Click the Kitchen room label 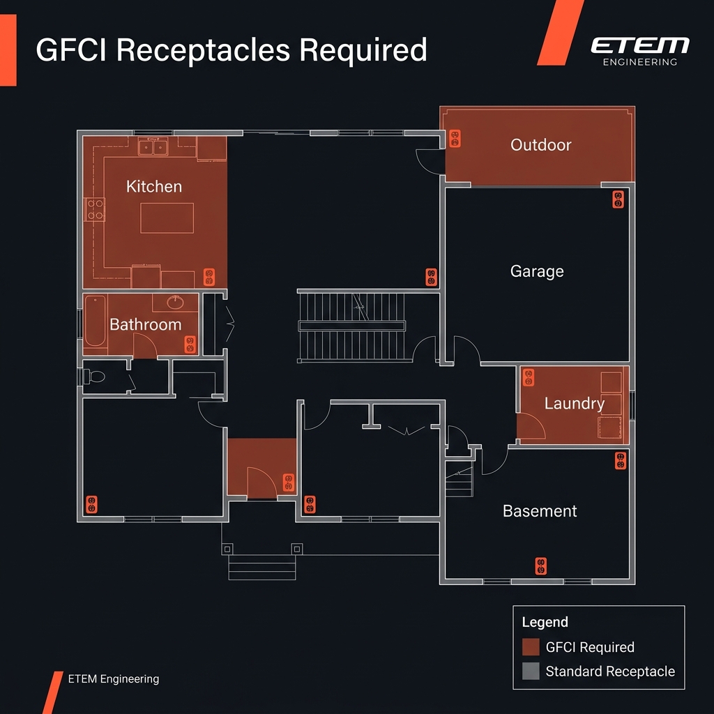coord(154,186)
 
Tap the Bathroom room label coord(146,324)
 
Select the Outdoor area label coord(540,145)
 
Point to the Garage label coord(537,271)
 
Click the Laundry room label coord(574,403)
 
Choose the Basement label coord(540,511)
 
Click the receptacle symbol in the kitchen coord(208,277)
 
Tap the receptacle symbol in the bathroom coord(190,344)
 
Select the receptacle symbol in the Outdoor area coord(455,138)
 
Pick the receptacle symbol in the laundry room coord(528,377)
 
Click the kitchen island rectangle coord(167,218)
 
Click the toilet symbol coord(94,377)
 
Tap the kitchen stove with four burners coord(95,210)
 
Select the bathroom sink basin coord(175,302)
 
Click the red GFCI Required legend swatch coord(531,647)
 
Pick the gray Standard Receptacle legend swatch coord(531,671)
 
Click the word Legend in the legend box coord(545,622)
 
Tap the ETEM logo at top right coord(639,46)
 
